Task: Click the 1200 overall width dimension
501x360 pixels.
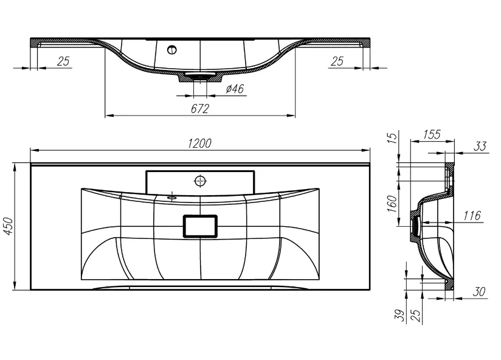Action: (x=199, y=144)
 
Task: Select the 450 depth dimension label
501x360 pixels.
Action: (x=9, y=226)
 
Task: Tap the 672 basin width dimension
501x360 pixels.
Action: (x=200, y=109)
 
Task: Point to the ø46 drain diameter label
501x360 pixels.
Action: (x=235, y=89)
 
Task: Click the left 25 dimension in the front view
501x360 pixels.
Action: (x=63, y=61)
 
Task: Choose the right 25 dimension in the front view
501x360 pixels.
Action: (x=337, y=61)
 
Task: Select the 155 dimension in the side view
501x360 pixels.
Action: (x=432, y=134)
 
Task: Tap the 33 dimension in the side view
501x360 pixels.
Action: (x=480, y=147)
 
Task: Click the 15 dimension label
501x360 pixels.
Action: (x=393, y=137)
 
